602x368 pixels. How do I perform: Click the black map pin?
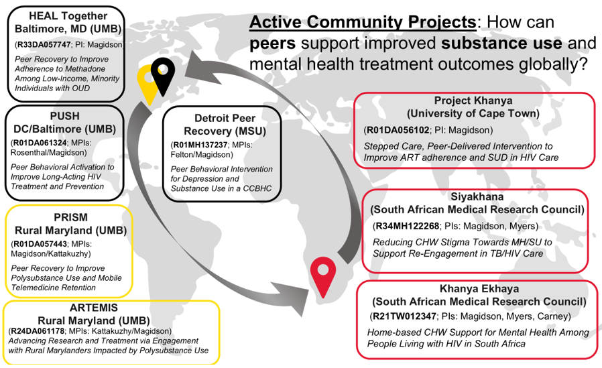click(x=161, y=74)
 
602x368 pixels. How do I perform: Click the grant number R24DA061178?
click(x=36, y=330)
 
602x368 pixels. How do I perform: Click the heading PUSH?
click(x=64, y=116)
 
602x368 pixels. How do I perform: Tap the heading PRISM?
click(x=70, y=217)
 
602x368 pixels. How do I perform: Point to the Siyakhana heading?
click(x=477, y=196)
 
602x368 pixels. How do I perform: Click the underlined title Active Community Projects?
click(x=362, y=22)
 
